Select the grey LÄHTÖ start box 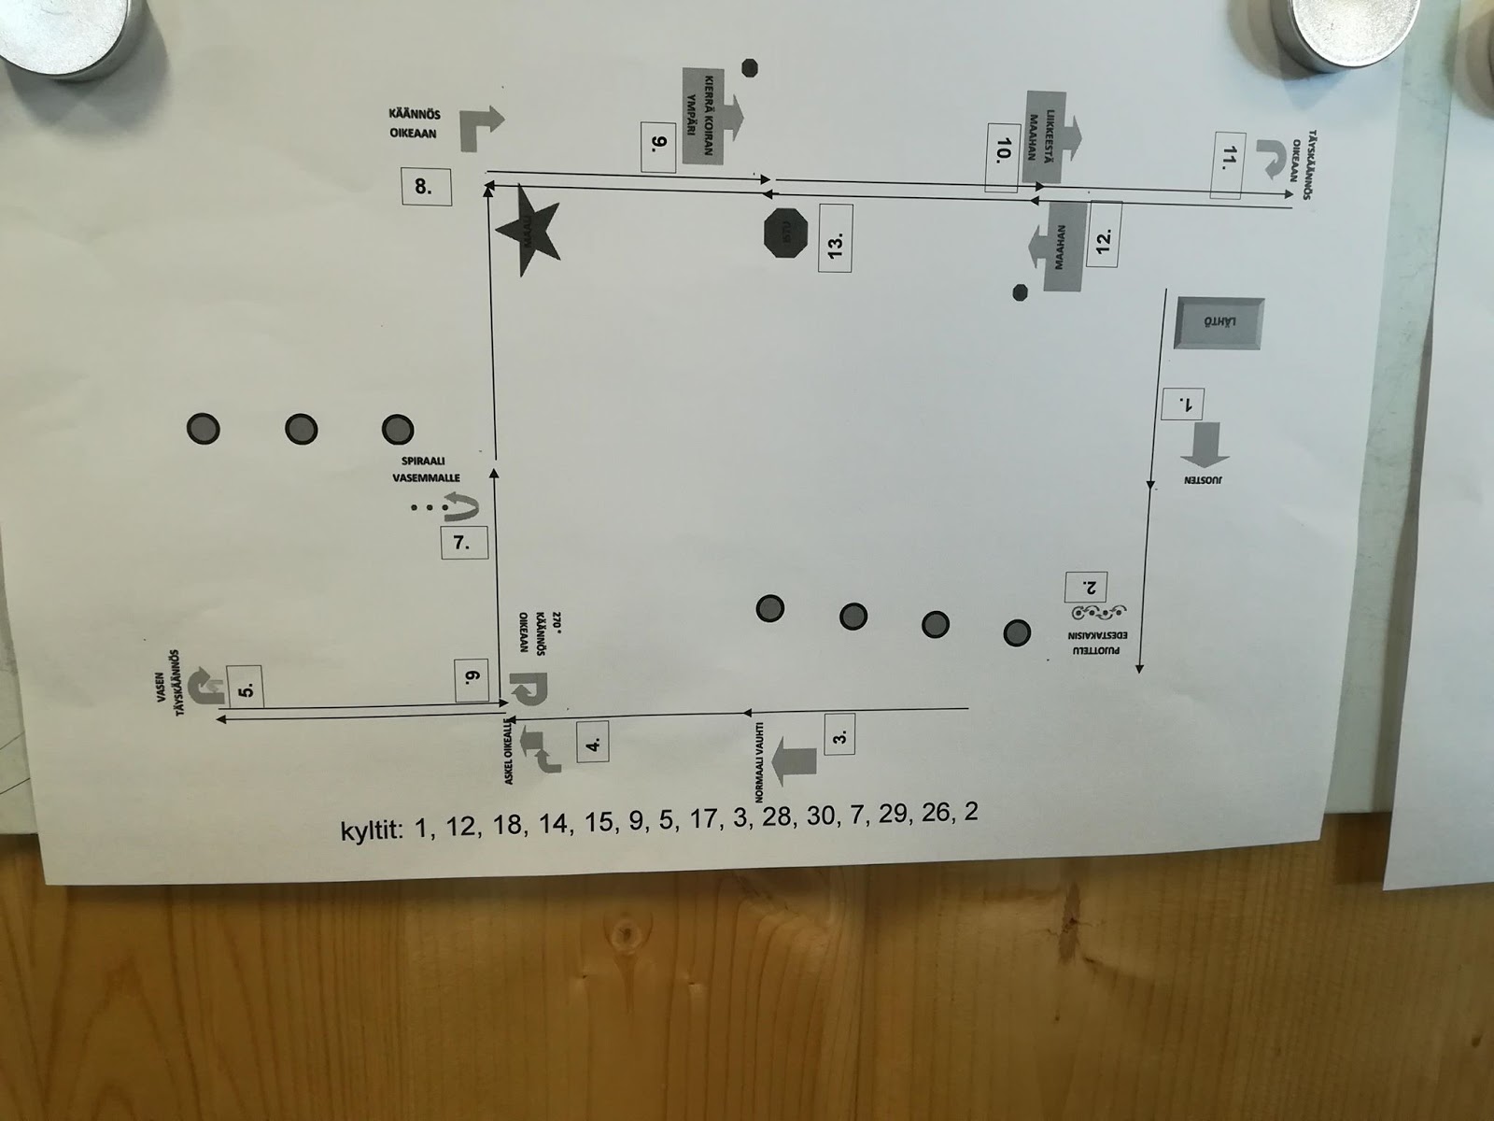(1219, 324)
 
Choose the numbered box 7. (461, 543)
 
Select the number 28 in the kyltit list (775, 819)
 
